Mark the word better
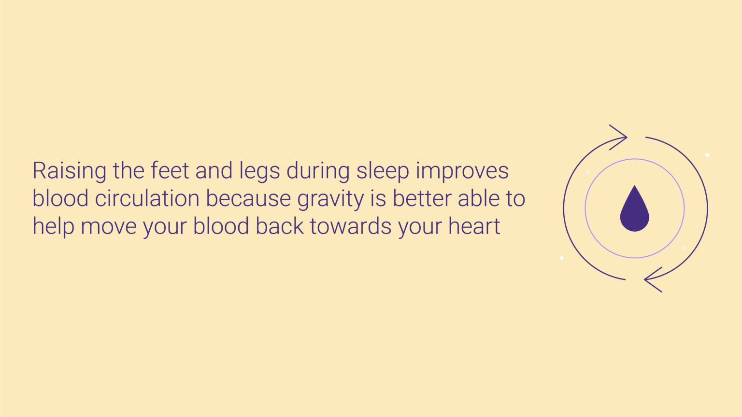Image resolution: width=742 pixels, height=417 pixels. tap(422, 199)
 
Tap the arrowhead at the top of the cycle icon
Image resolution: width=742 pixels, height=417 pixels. tap(620, 137)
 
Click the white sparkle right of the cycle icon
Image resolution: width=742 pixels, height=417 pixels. tap(707, 155)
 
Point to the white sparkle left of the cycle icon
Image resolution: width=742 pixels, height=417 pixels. tap(561, 258)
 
